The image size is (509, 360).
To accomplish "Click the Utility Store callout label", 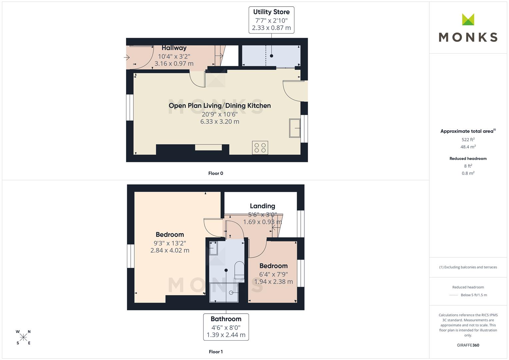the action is pos(271,20).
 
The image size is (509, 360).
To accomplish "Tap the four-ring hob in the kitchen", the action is pos(260,148).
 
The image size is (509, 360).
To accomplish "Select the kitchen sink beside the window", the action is pos(295,128).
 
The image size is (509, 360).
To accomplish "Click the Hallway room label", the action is pos(174,48).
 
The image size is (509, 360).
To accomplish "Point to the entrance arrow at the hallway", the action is pos(127,57).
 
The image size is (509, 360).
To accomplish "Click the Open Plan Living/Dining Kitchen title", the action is pos(220,106).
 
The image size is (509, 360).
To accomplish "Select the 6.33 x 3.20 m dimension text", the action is pos(220,122).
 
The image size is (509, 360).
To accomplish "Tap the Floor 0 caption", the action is pos(216,173).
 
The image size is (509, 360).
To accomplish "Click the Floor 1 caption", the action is pos(216,352).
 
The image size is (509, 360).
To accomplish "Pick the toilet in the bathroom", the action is pos(239,270).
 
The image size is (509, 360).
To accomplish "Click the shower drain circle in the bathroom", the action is pos(231,293).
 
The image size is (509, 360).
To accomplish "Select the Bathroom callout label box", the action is pos(226,327).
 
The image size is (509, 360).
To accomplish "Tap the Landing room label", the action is pos(262,206).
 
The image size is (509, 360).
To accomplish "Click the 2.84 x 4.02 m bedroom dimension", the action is pos(170,250).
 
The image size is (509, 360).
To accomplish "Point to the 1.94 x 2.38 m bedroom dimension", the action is pos(273,282).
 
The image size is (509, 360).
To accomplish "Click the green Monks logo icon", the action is pos(468,19).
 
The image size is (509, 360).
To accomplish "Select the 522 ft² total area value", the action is pos(468,140).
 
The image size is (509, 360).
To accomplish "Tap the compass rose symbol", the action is pos(23,337).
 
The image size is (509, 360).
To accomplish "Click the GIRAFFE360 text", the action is pos(468,345).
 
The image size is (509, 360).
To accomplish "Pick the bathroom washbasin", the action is pos(213,248).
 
